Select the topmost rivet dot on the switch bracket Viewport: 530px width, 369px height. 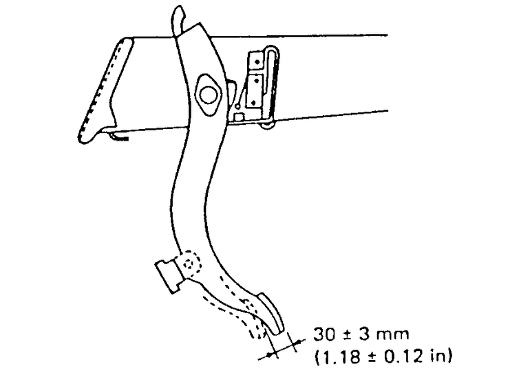coord(256,61)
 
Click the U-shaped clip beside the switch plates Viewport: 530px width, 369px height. coord(272,83)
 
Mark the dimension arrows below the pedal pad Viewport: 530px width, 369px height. coord(281,348)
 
